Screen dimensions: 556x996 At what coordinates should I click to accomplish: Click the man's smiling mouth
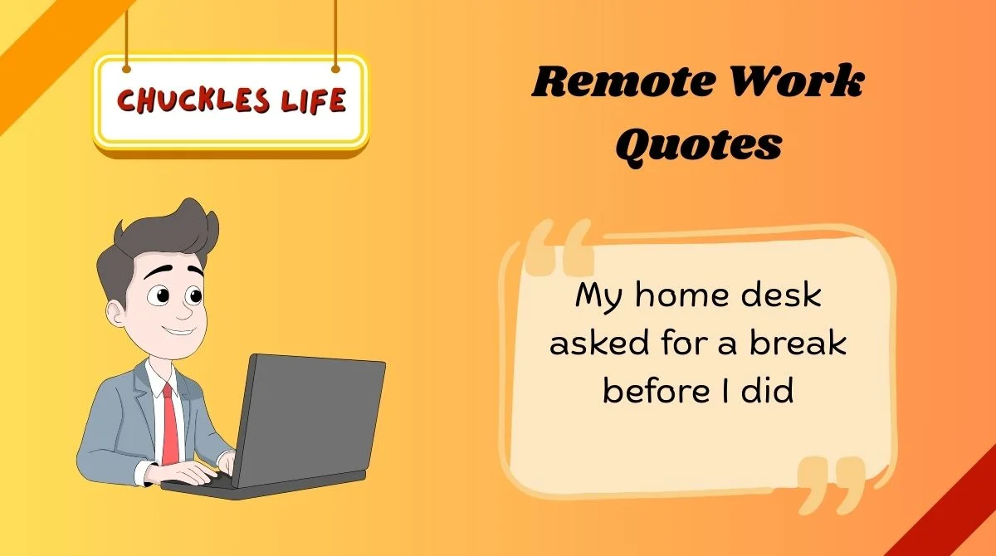(177, 330)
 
